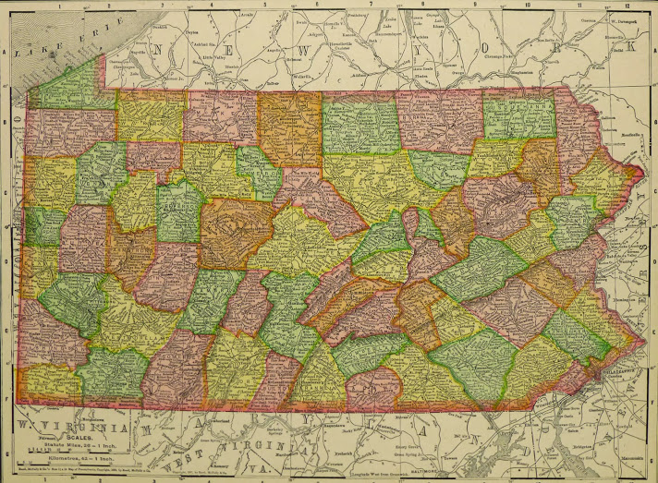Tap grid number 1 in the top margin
pos(59,4)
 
